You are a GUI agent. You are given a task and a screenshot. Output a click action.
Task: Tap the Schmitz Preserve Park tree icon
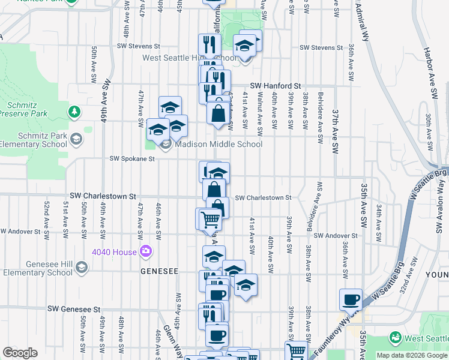point(74,112)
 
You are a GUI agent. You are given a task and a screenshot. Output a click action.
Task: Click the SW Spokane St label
point(132,159)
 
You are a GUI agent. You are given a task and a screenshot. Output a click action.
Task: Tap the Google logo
point(20,353)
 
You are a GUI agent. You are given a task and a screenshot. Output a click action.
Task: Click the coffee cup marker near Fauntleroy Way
point(351,299)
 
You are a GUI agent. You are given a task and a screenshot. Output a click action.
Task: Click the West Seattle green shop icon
point(395,338)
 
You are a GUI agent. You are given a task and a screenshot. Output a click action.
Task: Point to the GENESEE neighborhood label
point(159,271)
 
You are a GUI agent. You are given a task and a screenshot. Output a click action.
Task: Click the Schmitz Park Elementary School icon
point(76,139)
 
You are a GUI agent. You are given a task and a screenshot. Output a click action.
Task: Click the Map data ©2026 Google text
point(411,355)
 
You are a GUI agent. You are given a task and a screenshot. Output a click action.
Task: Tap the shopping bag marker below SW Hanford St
point(217,113)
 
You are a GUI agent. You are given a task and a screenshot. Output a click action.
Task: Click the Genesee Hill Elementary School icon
point(82,272)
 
